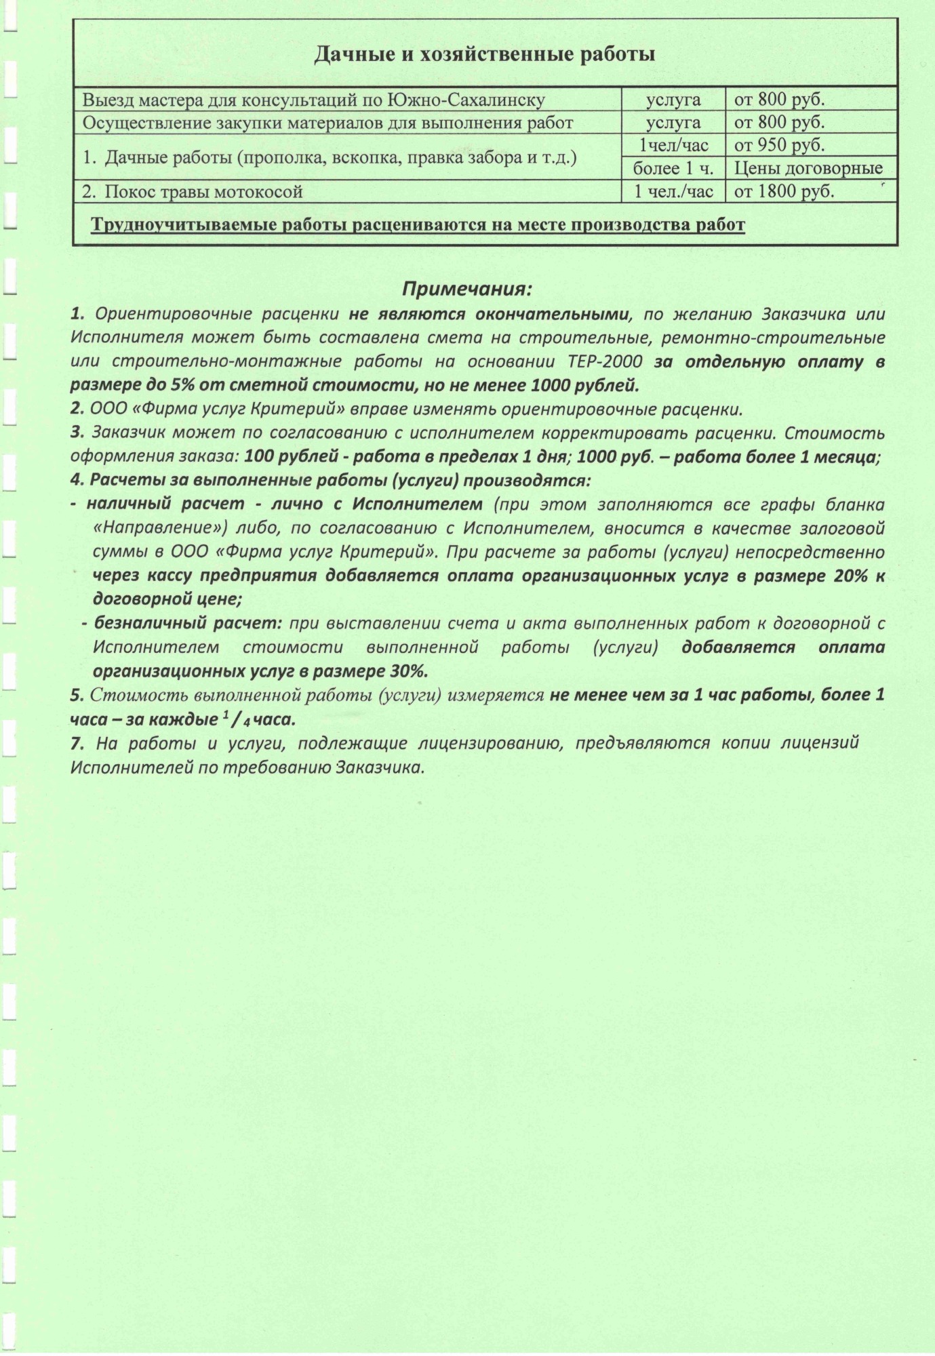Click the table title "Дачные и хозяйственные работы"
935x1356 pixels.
coord(484,54)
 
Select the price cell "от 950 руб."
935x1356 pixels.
coord(779,145)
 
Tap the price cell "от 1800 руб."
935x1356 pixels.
coord(784,192)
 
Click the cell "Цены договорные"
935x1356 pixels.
coord(808,168)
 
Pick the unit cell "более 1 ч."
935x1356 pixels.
coord(673,168)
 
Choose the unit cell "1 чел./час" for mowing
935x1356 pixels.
coord(673,192)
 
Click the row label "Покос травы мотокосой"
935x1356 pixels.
coord(203,192)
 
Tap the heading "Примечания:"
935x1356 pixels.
coord(468,290)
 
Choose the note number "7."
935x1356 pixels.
coord(78,743)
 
